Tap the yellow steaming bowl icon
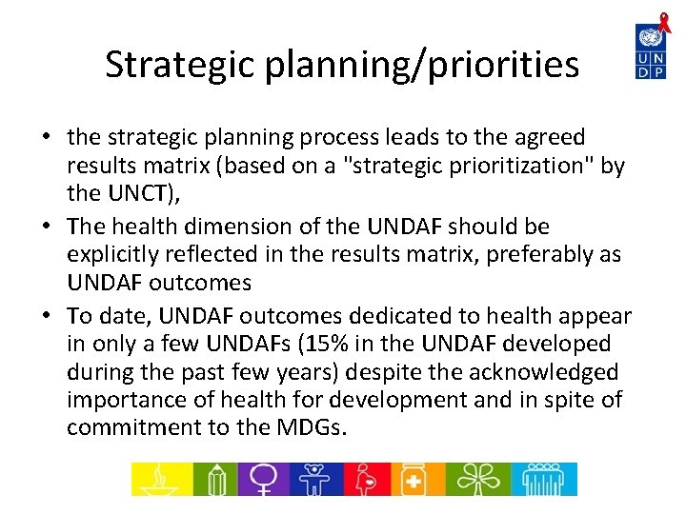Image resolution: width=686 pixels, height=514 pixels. [159, 479]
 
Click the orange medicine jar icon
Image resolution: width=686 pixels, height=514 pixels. [413, 479]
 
